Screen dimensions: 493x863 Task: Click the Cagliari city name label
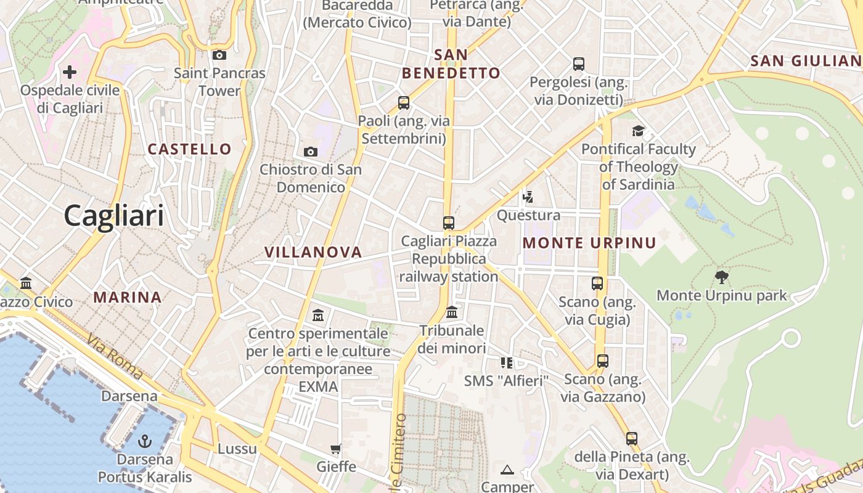pyautogui.click(x=114, y=216)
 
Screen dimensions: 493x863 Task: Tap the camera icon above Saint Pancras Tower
pyautogui.click(x=219, y=55)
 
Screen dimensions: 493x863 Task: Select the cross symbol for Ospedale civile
pyautogui.click(x=70, y=72)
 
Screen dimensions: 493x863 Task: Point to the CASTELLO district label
pyautogui.click(x=190, y=149)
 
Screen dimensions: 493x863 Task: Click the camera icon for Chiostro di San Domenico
pyautogui.click(x=311, y=152)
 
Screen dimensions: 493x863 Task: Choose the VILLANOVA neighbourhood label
pyautogui.click(x=313, y=252)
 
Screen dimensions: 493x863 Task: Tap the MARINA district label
pyautogui.click(x=128, y=297)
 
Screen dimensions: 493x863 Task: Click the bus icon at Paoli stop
pyautogui.click(x=404, y=103)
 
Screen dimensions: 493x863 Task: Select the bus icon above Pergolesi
pyautogui.click(x=579, y=63)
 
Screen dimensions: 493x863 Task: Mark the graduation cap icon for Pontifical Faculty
pyautogui.click(x=638, y=131)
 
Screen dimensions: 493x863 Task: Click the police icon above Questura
pyautogui.click(x=528, y=197)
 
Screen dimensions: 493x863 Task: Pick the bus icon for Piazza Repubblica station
pyautogui.click(x=449, y=223)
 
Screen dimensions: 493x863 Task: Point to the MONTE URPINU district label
pyautogui.click(x=589, y=243)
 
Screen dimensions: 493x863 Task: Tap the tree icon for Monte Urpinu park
pyautogui.click(x=721, y=277)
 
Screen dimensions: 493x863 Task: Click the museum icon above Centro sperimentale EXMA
pyautogui.click(x=318, y=316)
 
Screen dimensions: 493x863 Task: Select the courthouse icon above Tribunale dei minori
pyautogui.click(x=452, y=312)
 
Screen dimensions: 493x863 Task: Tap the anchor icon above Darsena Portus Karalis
pyautogui.click(x=145, y=441)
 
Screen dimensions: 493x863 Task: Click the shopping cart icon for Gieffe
pyautogui.click(x=336, y=449)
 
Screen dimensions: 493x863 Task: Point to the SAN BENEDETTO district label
pyautogui.click(x=451, y=64)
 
